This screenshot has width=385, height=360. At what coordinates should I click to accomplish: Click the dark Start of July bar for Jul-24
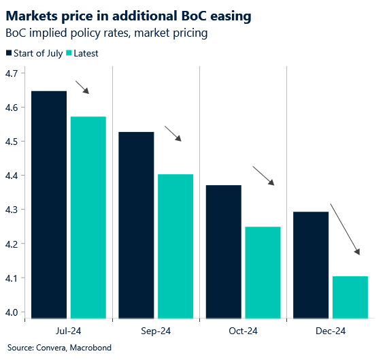[49, 204]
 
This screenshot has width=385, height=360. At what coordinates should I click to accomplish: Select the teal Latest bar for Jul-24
[88, 217]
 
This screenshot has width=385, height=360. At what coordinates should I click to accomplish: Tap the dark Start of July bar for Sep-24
[136, 225]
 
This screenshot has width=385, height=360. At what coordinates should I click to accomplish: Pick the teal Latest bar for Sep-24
[175, 246]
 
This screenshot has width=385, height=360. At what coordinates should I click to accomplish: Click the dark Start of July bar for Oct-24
[224, 251]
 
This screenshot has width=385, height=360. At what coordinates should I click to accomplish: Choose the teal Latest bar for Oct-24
[263, 272]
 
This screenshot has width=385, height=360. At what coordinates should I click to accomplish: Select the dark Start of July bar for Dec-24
[311, 265]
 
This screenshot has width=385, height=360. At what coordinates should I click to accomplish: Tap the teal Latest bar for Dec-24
[350, 297]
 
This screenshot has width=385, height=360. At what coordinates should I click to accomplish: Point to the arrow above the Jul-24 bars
[82, 87]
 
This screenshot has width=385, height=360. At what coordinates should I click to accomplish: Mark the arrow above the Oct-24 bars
[263, 176]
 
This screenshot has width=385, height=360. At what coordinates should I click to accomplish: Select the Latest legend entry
[81, 54]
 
